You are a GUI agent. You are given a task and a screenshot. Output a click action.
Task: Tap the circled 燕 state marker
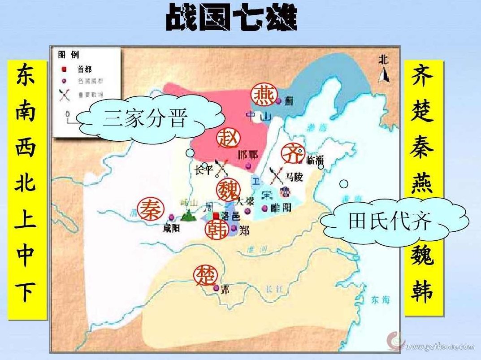[262, 95]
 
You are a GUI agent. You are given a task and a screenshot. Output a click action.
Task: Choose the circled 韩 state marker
[217, 229]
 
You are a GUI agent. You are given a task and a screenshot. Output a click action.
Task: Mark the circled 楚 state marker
[205, 276]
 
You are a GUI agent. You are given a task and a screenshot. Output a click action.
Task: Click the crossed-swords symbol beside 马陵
[276, 175]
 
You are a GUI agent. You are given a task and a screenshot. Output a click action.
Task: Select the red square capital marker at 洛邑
[216, 216]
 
